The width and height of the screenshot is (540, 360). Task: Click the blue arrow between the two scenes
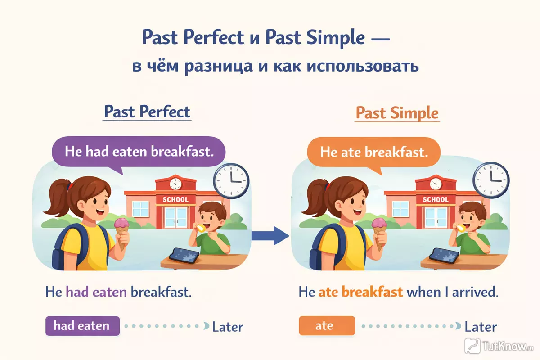(x=270, y=236)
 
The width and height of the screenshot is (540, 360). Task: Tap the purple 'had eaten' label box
(x=82, y=326)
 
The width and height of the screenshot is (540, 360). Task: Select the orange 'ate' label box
(x=327, y=325)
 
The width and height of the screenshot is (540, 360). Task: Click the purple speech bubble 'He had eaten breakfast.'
(x=139, y=153)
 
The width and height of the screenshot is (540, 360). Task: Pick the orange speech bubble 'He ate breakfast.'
(x=373, y=153)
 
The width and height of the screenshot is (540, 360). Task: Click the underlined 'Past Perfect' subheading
(x=147, y=112)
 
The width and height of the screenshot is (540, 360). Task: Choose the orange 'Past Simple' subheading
(x=397, y=113)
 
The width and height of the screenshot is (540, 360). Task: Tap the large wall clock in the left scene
(x=231, y=181)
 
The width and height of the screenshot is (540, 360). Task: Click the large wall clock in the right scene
(x=491, y=180)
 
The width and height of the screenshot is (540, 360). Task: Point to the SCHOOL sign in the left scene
(x=175, y=199)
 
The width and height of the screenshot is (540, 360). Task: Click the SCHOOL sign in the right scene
(x=436, y=199)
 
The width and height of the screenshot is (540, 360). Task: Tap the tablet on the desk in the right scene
(x=444, y=256)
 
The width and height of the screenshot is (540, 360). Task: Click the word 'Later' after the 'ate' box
(x=481, y=327)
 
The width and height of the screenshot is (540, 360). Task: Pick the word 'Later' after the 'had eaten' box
(x=228, y=327)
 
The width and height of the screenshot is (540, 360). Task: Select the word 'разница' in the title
(x=219, y=66)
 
